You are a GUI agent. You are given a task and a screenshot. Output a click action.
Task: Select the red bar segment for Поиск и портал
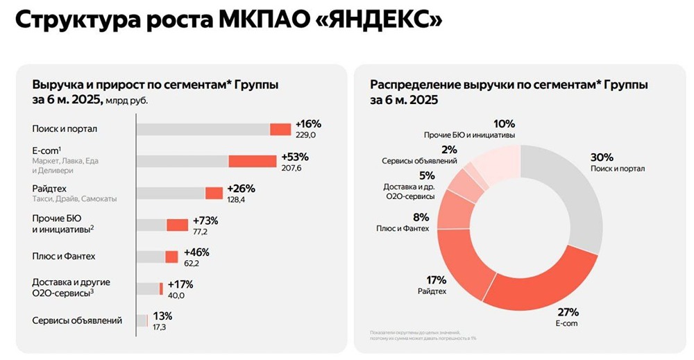pyautogui.click(x=280, y=129)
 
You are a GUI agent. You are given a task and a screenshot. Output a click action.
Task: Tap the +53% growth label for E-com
pyautogui.click(x=294, y=157)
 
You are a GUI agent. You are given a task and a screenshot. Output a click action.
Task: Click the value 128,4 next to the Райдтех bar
pyautogui.click(x=228, y=199)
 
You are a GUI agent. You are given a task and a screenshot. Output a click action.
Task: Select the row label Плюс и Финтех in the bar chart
pyautogui.click(x=64, y=257)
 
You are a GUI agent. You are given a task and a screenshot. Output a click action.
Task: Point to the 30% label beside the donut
pyautogui.click(x=603, y=156)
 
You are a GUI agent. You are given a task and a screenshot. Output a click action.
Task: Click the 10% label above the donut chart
pyautogui.click(x=505, y=123)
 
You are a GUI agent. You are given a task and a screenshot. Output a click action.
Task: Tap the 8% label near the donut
pyautogui.click(x=419, y=216)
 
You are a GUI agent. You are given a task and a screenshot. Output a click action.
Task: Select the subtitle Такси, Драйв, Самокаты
pyautogui.click(x=74, y=198)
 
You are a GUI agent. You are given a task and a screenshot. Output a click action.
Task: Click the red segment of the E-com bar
pyautogui.click(x=253, y=161)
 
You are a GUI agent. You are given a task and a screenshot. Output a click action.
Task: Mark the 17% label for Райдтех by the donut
pyautogui.click(x=436, y=280)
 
